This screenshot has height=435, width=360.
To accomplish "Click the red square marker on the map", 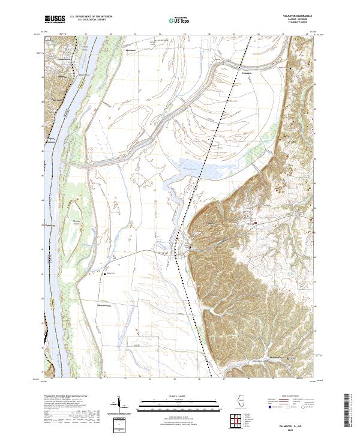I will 256,223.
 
